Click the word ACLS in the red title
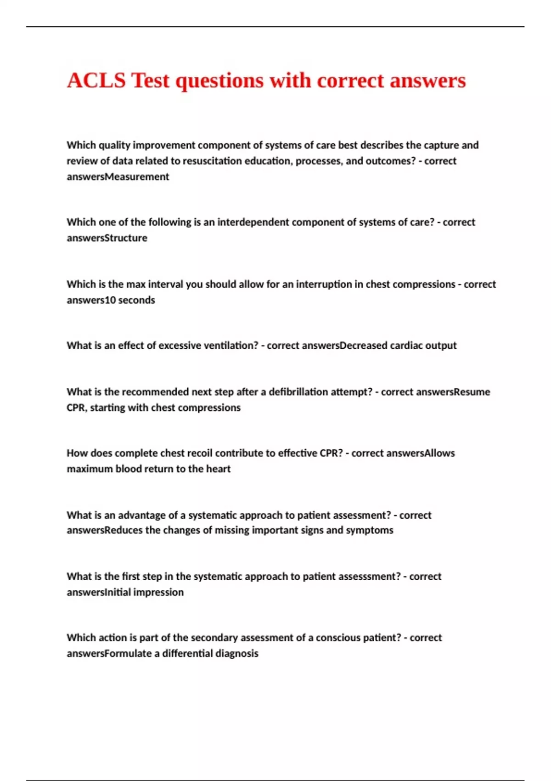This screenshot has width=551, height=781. pyautogui.click(x=96, y=81)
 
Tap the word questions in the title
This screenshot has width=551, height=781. pyautogui.click(x=219, y=81)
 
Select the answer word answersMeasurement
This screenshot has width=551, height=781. pyautogui.click(x=118, y=177)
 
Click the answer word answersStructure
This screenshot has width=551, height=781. pyautogui.click(x=107, y=238)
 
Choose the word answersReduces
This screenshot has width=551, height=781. pyautogui.click(x=105, y=530)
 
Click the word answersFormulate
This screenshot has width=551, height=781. pyautogui.click(x=109, y=653)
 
